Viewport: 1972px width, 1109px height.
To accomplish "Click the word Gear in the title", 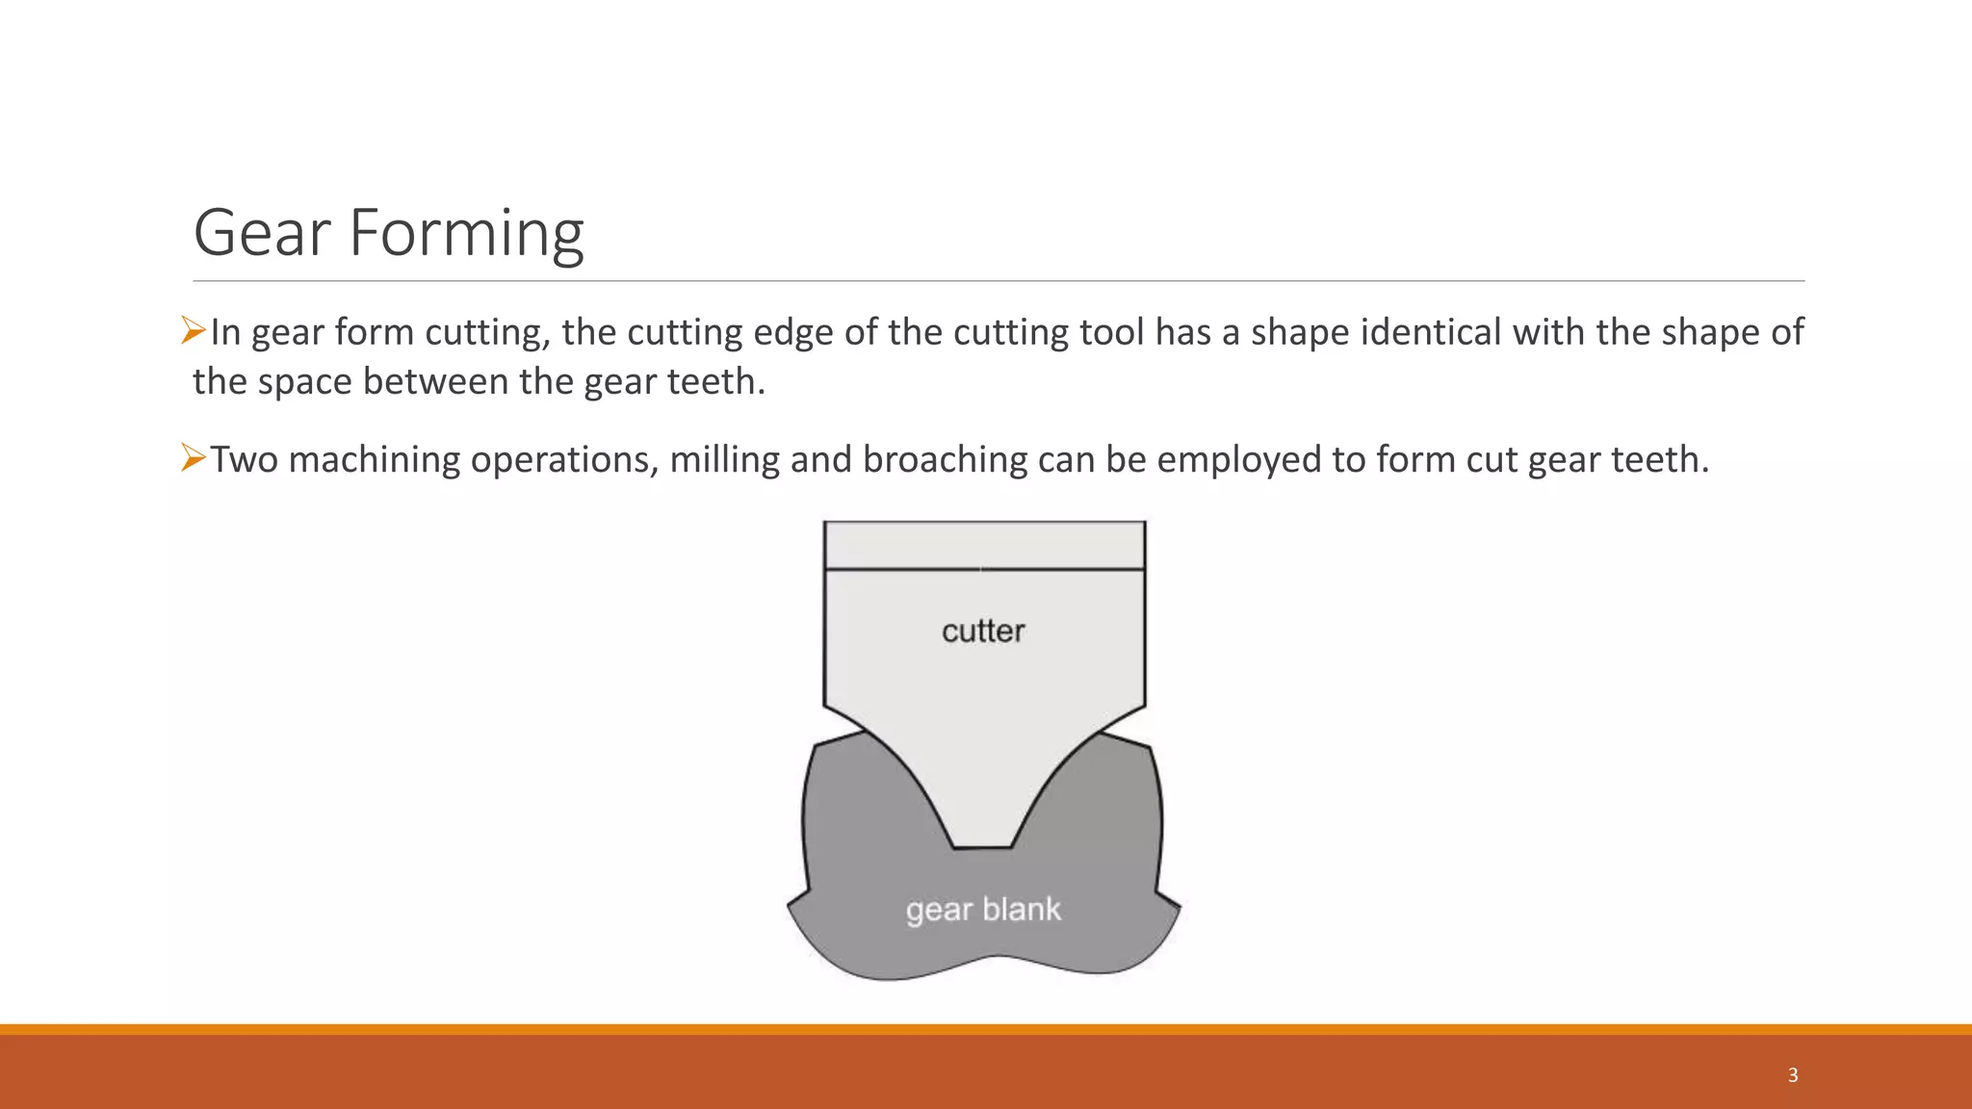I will [262, 233].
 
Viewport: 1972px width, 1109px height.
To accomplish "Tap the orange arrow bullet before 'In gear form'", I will [194, 331].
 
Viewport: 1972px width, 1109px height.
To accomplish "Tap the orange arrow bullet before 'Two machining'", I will [194, 458].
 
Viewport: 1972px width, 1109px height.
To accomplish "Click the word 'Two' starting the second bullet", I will [244, 460].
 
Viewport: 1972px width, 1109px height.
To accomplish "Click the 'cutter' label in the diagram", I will [983, 632].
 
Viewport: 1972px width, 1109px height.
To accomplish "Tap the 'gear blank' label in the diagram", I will [983, 910].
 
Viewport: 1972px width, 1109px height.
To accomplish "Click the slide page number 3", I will [1793, 1075].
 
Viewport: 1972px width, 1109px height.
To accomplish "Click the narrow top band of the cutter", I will [984, 546].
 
